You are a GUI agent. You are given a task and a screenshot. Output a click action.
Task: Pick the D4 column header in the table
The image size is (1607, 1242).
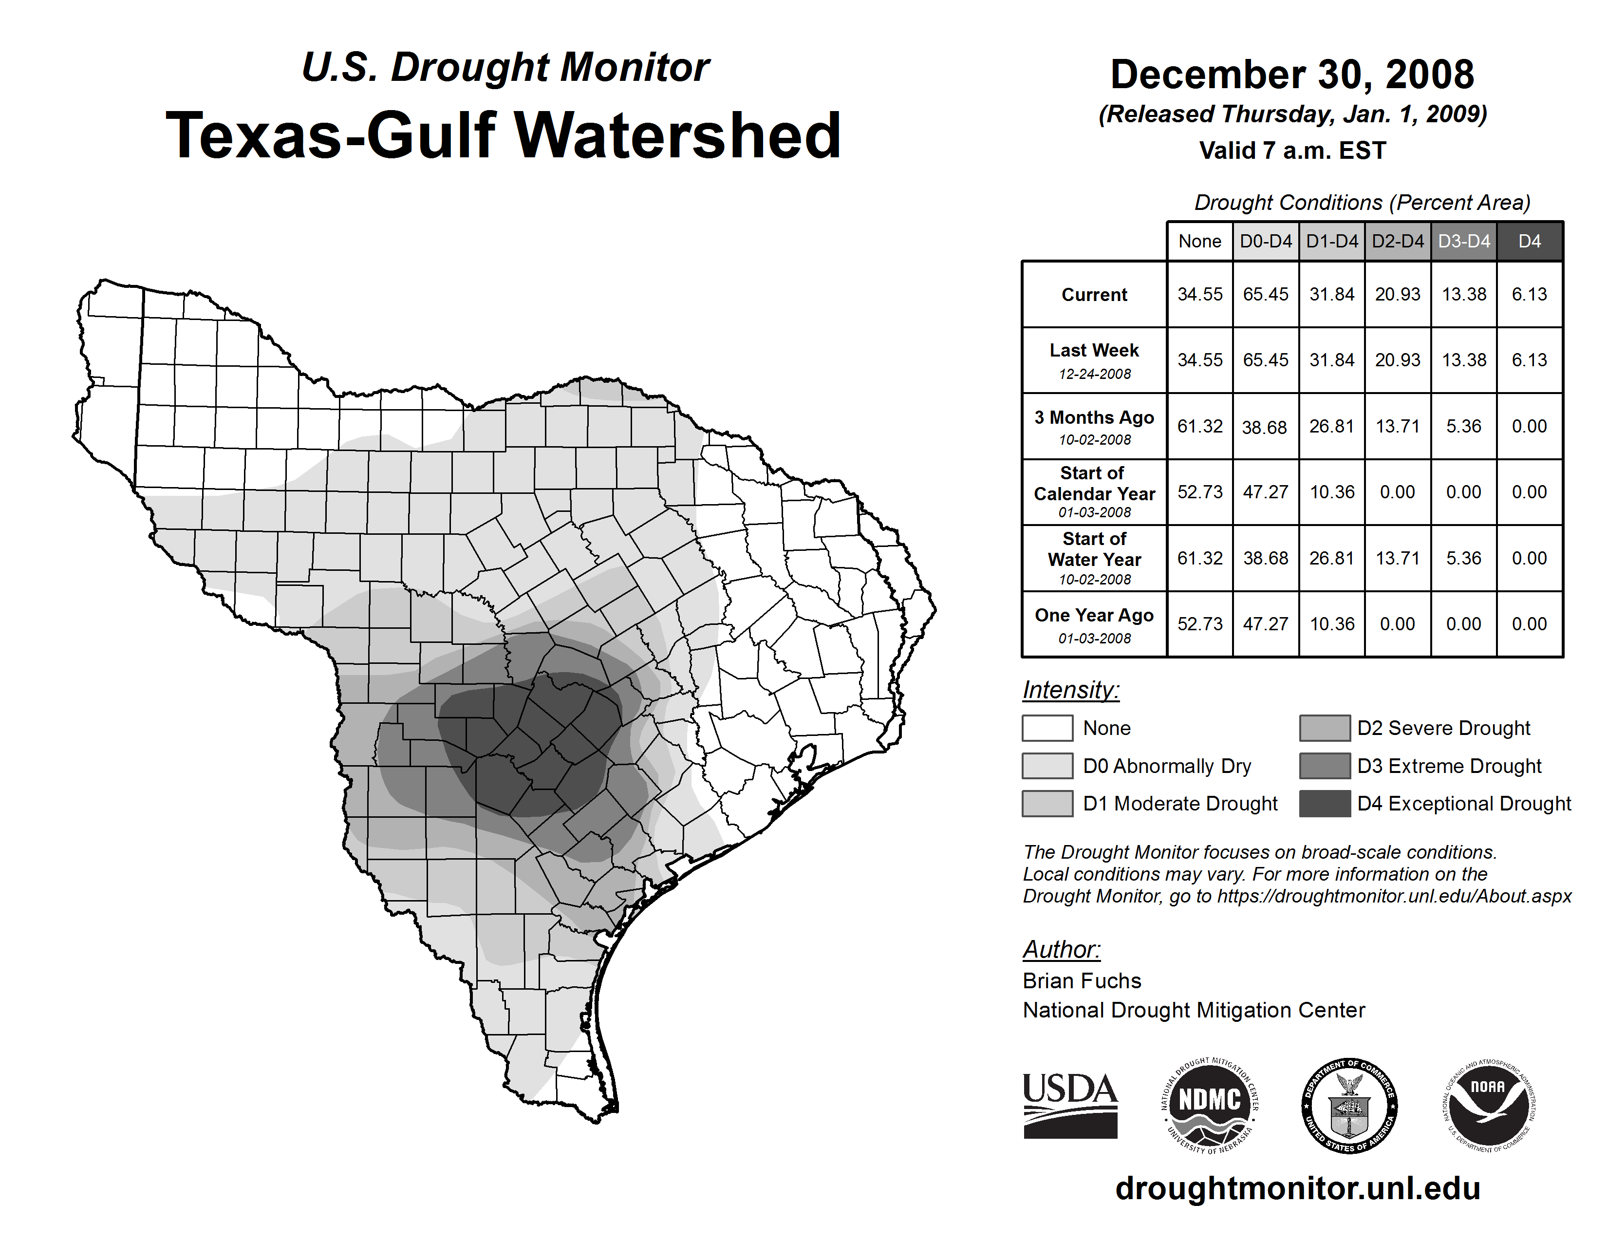[x=1529, y=241]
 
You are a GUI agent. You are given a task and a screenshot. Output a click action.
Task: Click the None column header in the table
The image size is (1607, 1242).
[x=1199, y=241]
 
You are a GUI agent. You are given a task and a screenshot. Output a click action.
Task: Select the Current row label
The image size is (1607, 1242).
[x=1094, y=294]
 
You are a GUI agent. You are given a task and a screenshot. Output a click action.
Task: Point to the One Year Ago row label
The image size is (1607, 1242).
[x=1094, y=616]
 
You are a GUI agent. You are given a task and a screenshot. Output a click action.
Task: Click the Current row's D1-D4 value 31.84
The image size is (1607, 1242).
[x=1332, y=294]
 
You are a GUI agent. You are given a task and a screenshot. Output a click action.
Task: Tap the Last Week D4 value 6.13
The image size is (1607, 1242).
[x=1529, y=360]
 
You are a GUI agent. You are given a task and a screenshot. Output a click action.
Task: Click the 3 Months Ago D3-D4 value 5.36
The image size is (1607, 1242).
[x=1463, y=426]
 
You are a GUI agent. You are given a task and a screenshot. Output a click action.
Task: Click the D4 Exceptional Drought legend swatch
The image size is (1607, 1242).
[x=1325, y=804]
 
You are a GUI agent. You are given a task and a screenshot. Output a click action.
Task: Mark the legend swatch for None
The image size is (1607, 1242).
[x=1047, y=728]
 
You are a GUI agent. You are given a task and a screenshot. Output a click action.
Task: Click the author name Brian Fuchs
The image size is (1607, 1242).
[x=1082, y=981]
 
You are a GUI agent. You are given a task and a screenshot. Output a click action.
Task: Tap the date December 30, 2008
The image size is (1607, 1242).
[x=1292, y=75]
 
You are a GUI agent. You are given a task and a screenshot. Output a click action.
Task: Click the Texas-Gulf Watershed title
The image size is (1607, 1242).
[x=504, y=135]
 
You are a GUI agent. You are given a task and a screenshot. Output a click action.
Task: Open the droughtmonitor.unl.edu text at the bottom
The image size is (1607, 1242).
[x=1298, y=1188]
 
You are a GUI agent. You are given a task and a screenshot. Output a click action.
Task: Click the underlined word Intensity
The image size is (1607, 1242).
[x=1070, y=690]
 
